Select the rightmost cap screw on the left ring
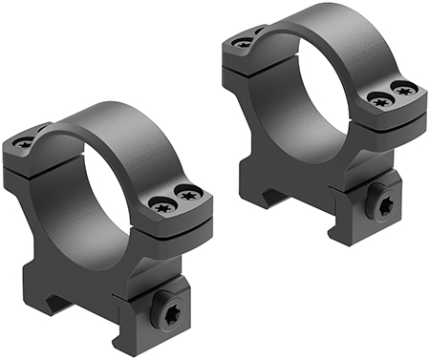click(x=189, y=196)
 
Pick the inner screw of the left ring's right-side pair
click(x=159, y=201)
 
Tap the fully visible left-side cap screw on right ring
click(x=245, y=42)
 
